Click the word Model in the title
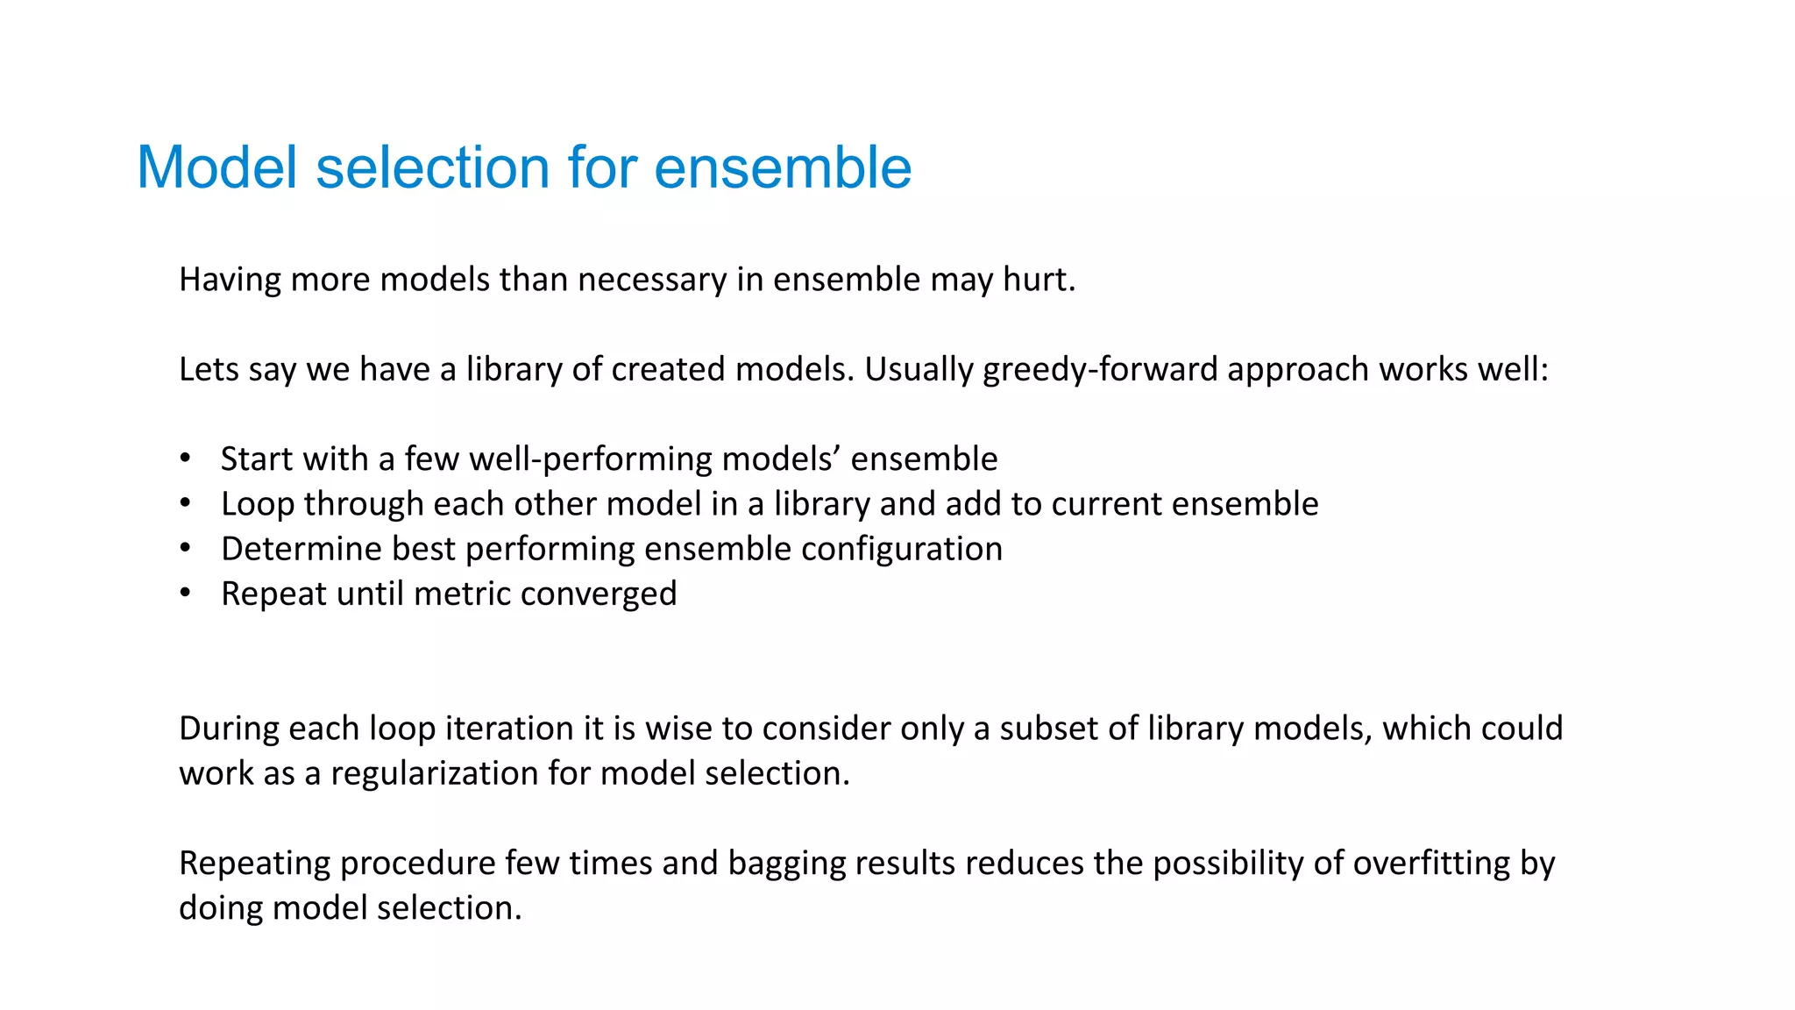point(217,167)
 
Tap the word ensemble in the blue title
point(782,167)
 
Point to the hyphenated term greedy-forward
point(1100,369)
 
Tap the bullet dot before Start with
point(185,459)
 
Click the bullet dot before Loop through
point(185,503)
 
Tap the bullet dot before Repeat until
point(185,594)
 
